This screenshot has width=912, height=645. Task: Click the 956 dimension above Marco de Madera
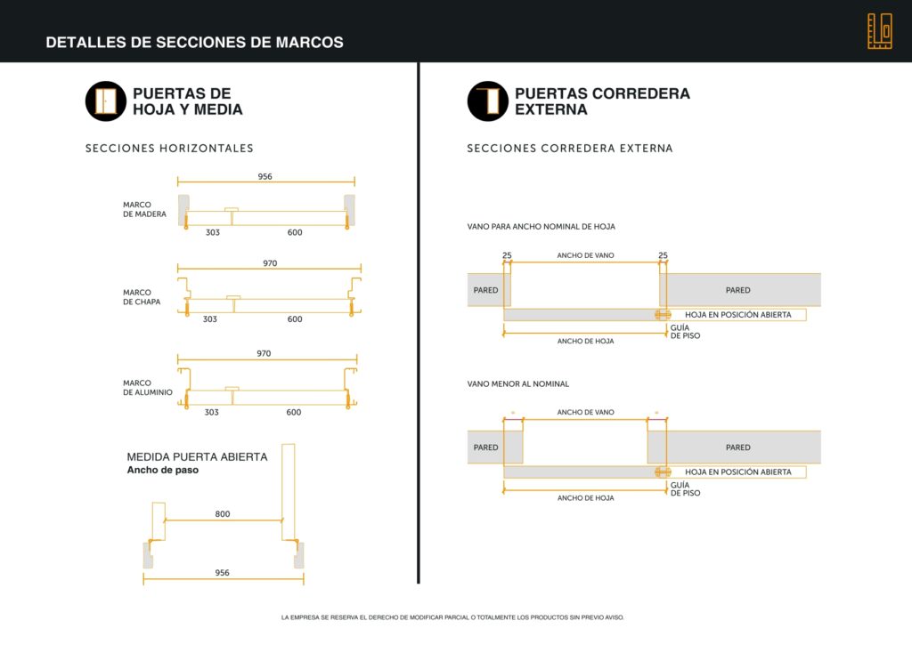click(x=265, y=176)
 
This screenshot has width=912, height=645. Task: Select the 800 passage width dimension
click(x=222, y=513)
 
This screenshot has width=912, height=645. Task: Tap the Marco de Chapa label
click(x=142, y=297)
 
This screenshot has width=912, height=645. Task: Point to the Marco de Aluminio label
click(x=148, y=388)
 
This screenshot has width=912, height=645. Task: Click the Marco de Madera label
click(x=144, y=209)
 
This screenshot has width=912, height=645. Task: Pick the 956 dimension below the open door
click(x=222, y=572)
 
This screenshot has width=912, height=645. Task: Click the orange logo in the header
click(x=879, y=31)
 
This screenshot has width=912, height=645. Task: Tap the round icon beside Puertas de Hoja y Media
click(x=106, y=101)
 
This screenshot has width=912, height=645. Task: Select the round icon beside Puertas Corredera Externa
click(x=487, y=101)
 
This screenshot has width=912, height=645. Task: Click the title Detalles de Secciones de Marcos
click(x=194, y=43)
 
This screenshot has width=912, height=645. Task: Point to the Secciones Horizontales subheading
click(x=169, y=149)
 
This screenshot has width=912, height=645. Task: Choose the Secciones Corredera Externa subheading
click(x=569, y=149)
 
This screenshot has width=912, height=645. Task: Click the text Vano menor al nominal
click(x=517, y=383)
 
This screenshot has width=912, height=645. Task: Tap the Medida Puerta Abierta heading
click(x=197, y=456)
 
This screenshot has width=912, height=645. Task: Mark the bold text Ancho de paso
click(x=162, y=470)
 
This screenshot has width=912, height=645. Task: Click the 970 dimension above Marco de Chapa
click(x=270, y=263)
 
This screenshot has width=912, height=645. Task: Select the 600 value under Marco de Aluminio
click(x=294, y=412)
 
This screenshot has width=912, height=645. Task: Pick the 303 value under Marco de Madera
click(x=213, y=232)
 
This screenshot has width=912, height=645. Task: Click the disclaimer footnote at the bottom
click(x=452, y=617)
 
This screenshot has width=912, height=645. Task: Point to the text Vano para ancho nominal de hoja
click(x=541, y=227)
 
